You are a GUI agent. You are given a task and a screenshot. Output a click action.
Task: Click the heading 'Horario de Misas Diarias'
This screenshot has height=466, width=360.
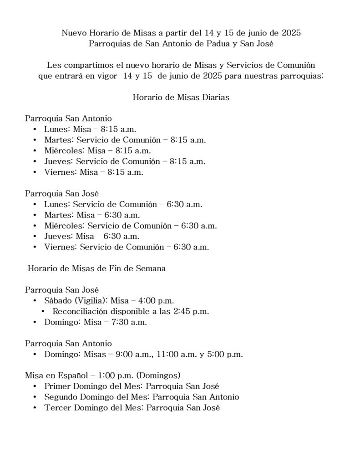point(181,97)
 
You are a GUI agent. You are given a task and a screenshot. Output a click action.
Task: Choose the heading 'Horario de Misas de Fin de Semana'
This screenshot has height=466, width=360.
point(96,268)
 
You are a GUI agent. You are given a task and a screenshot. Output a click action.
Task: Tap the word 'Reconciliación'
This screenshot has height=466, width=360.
point(80,312)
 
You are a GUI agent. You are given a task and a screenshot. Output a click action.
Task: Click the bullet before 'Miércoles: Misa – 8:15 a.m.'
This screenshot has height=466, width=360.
point(35,151)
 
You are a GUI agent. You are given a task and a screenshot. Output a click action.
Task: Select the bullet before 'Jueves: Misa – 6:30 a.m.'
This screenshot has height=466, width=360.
point(35,237)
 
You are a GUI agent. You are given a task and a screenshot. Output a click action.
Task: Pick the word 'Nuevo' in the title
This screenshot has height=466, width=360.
point(73,33)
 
